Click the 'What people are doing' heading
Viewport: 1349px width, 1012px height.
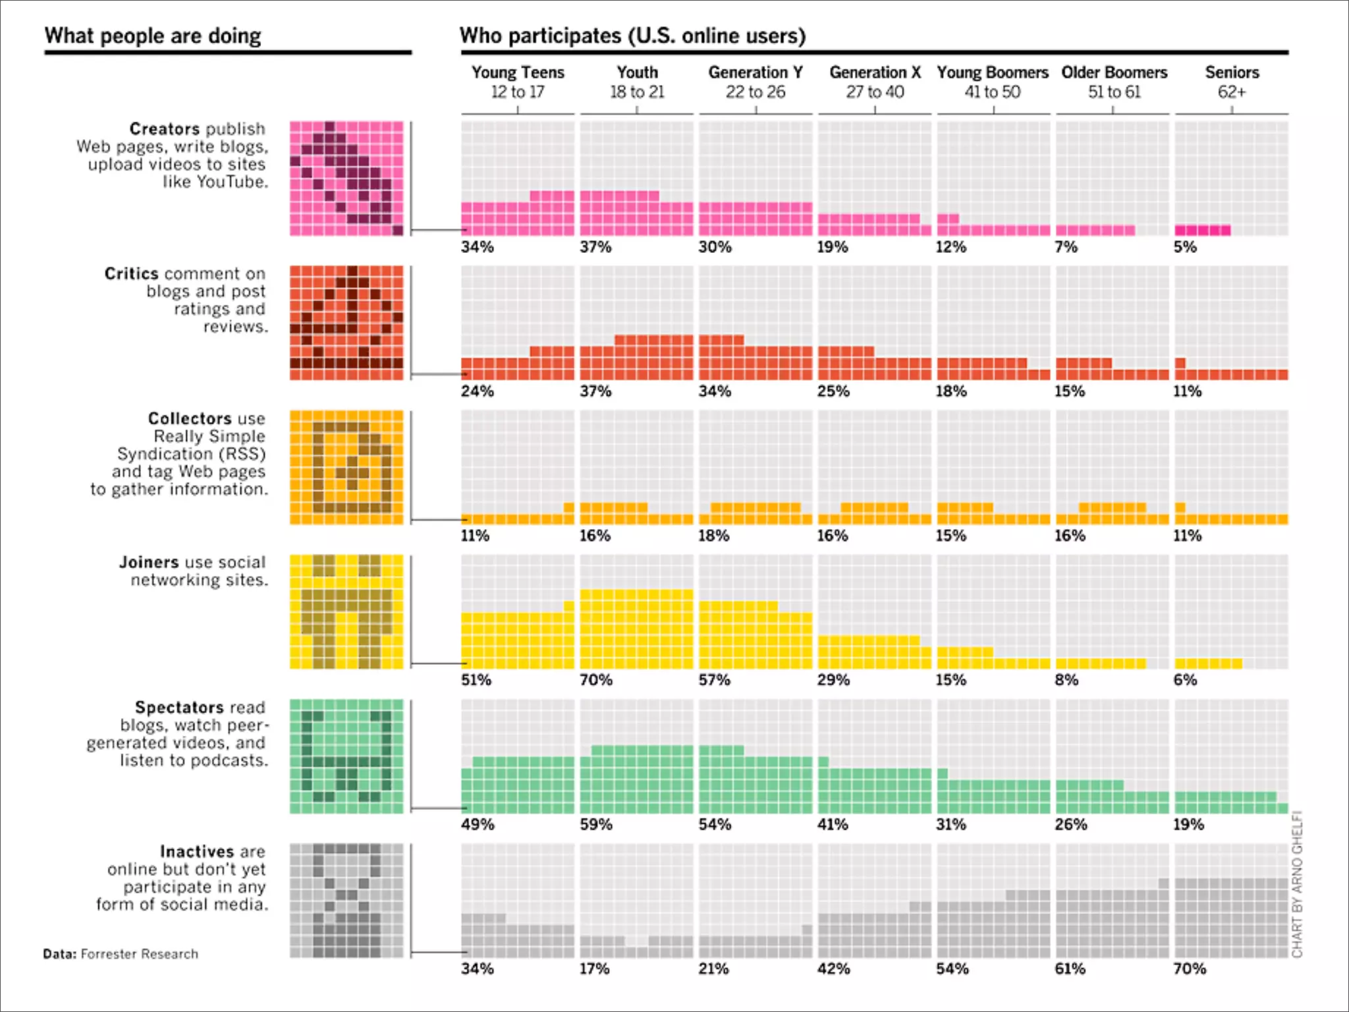(153, 36)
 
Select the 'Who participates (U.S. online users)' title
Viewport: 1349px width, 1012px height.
(632, 36)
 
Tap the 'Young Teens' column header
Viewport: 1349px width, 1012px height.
(518, 72)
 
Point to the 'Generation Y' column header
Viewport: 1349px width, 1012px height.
(756, 72)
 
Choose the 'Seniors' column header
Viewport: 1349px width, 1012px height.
(1232, 72)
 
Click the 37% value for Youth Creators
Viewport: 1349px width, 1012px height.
(595, 247)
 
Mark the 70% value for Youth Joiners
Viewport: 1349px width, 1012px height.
(595, 680)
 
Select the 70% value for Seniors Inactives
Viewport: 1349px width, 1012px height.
(1190, 969)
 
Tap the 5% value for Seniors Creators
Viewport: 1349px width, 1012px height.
(1185, 247)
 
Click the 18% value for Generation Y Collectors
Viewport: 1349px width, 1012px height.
(714, 536)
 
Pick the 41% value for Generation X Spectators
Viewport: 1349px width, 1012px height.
(833, 824)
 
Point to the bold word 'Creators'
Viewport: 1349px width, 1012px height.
(164, 128)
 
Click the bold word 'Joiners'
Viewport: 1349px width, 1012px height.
(149, 562)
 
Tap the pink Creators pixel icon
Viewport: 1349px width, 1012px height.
(346, 178)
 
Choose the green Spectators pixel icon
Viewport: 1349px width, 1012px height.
(346, 756)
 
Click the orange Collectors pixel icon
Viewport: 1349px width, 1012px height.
(346, 467)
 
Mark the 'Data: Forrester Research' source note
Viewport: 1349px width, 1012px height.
(121, 953)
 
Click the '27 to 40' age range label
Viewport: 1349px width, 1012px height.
(875, 92)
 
